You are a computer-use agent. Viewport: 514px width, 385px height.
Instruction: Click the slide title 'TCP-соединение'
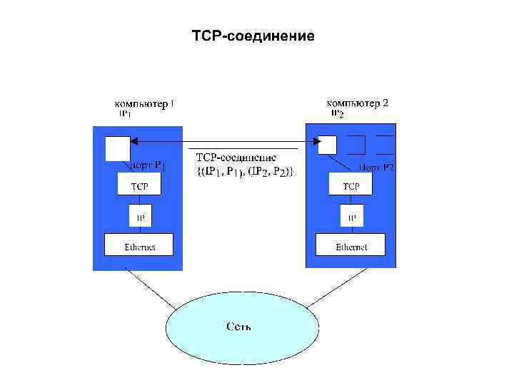tap(253, 35)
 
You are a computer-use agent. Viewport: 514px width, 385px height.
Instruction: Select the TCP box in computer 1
tap(139, 186)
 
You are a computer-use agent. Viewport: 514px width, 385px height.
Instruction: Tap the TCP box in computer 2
tap(351, 186)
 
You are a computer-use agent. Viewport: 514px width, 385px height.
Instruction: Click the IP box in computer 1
tap(140, 216)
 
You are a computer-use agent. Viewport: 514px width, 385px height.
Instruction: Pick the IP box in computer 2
tap(351, 216)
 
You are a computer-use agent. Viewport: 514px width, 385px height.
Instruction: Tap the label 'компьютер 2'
tap(357, 103)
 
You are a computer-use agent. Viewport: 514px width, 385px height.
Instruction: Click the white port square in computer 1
tap(118, 148)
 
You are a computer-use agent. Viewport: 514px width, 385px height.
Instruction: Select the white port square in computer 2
tap(327, 145)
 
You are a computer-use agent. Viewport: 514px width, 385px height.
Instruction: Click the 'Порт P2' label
tap(376, 168)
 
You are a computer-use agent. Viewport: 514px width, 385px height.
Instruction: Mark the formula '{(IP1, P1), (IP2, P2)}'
tap(245, 172)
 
